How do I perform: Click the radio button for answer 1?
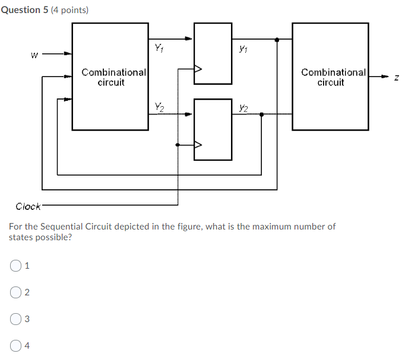click(x=15, y=266)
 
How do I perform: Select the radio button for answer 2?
click(x=15, y=292)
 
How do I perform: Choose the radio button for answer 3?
click(x=15, y=320)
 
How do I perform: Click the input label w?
click(x=34, y=56)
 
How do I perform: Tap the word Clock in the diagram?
click(x=28, y=206)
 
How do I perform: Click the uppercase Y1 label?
click(x=159, y=47)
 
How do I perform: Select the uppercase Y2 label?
click(x=159, y=107)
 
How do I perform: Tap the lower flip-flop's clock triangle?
click(x=198, y=144)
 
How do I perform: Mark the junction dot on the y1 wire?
click(x=277, y=40)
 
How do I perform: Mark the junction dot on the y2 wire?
click(x=262, y=114)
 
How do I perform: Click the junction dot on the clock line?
click(x=178, y=144)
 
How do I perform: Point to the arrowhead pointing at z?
click(x=383, y=77)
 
